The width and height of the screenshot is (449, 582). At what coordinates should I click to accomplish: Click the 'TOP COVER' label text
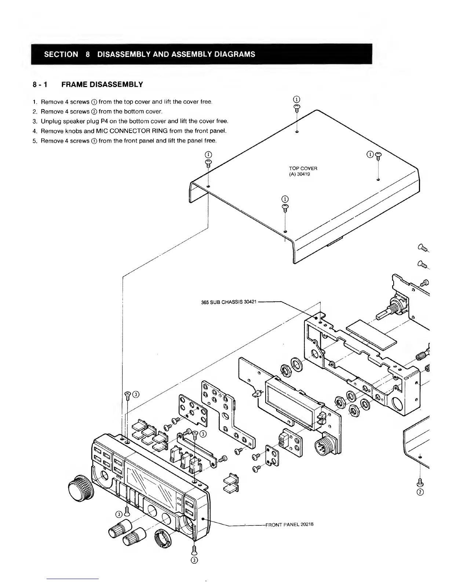(303, 168)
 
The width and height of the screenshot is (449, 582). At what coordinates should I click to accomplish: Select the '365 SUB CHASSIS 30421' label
(229, 302)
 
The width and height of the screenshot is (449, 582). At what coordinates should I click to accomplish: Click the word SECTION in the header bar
(61, 54)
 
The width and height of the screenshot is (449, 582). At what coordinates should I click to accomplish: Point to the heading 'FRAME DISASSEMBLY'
(102, 85)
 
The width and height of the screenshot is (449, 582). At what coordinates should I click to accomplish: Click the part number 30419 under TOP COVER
(304, 174)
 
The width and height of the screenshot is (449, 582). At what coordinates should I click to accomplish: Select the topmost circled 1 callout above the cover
(297, 99)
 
